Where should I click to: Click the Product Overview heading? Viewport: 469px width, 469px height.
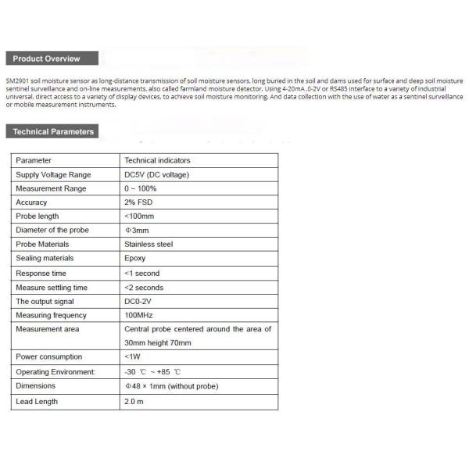click(47, 59)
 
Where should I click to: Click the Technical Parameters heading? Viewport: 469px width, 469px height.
click(53, 131)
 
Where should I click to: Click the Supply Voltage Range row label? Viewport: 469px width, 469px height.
click(53, 174)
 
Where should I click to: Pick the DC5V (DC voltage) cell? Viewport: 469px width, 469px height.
click(157, 174)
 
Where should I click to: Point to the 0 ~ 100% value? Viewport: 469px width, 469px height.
click(141, 188)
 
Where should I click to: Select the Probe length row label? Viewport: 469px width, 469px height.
click(38, 216)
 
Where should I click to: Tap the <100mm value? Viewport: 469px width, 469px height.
click(139, 216)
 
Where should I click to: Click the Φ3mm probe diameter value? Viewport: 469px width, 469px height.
click(137, 231)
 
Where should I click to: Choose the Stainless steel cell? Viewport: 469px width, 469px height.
click(149, 244)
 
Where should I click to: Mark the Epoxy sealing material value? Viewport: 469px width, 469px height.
click(135, 258)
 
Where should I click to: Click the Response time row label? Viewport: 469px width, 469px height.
click(41, 274)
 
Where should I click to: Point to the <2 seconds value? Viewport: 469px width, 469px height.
click(144, 288)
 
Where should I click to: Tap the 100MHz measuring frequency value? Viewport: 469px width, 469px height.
click(138, 315)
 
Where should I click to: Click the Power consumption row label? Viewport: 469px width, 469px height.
click(48, 356)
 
